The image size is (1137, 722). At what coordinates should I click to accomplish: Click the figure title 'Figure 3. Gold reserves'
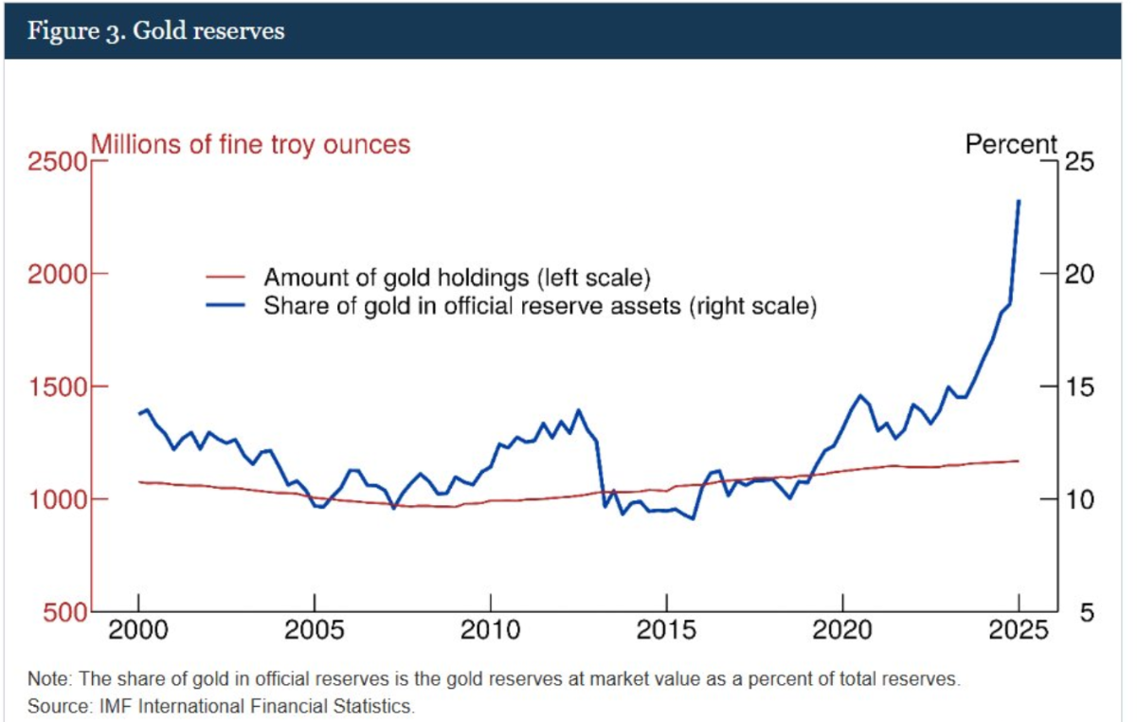155,30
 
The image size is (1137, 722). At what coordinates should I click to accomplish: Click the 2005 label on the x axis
314,632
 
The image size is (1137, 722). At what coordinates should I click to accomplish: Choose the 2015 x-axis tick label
666,632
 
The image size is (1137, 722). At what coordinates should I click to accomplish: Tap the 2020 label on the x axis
842,632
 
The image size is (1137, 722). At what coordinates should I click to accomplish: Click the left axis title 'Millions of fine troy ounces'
250,145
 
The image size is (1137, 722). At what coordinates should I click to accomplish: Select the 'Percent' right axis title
1011,145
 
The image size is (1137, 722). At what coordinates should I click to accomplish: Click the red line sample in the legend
227,279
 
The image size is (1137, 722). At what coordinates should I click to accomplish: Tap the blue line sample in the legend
227,306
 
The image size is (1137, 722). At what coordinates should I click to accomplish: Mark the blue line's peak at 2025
1019,201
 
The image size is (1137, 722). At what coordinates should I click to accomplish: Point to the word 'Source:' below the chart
55,706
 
